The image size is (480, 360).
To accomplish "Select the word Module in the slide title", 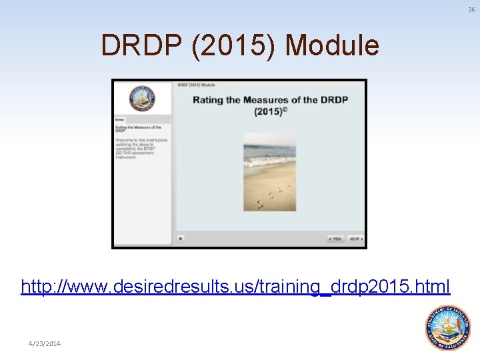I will click(332, 46).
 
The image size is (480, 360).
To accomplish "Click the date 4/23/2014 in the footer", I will click(44, 343).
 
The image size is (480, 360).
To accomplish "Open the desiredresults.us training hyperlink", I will click(235, 287).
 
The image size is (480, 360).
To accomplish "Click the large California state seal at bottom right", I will click(448, 327).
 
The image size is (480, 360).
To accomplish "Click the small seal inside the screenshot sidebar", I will click(142, 99).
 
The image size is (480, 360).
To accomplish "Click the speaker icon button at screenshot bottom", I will click(181, 239).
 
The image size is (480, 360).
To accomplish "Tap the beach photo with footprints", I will click(269, 171).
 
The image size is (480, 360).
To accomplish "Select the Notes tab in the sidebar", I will click(119, 120).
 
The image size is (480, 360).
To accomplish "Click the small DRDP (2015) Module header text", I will click(196, 85).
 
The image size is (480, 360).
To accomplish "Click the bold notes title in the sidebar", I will click(138, 129).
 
